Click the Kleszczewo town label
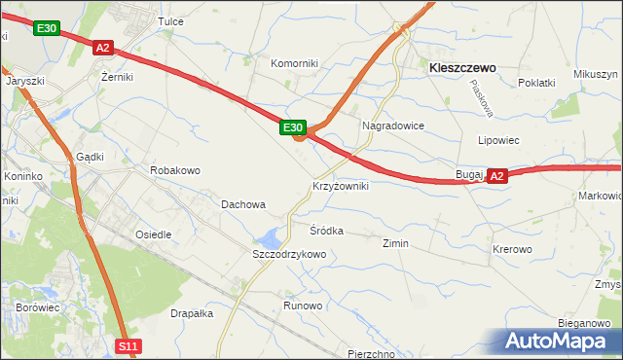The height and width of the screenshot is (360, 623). point(462,68)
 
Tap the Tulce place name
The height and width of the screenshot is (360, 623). point(171,21)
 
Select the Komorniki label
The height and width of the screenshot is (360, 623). point(295,63)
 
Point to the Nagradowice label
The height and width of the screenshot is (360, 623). point(392,126)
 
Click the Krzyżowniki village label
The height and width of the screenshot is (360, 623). point(340,186)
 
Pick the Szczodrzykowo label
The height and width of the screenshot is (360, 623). point(289,254)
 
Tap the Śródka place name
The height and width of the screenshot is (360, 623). point(327,231)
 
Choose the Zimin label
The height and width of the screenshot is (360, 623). point(395,243)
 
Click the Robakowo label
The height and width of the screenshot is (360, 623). point(175,170)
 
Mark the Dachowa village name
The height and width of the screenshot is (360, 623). point(243,204)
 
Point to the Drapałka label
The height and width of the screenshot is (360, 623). point(192,313)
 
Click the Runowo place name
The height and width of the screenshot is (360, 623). point(303,306)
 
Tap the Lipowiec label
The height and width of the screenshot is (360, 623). point(498,140)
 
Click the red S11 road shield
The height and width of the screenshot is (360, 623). point(129,345)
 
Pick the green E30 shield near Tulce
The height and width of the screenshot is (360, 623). point(46,29)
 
